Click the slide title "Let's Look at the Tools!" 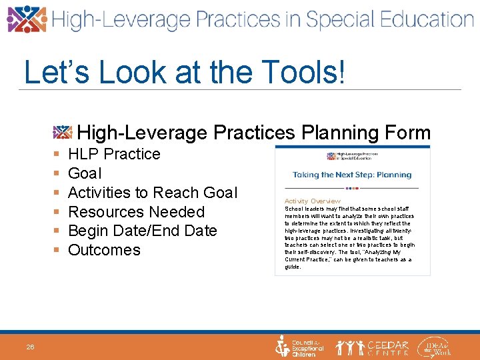click(x=185, y=72)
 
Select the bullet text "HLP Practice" click(x=114, y=154)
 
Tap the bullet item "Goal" click(x=85, y=173)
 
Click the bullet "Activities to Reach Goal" click(x=152, y=193)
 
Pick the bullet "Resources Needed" click(x=136, y=212)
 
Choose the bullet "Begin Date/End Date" click(x=143, y=231)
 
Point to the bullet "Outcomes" click(x=104, y=250)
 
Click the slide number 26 click(x=31, y=347)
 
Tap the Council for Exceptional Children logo click(x=299, y=347)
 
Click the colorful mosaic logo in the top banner click(x=27, y=19)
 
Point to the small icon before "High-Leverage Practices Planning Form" click(x=63, y=131)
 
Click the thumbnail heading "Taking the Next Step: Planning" click(x=352, y=175)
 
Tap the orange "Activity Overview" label click(x=312, y=201)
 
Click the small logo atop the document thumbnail click(x=352, y=155)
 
